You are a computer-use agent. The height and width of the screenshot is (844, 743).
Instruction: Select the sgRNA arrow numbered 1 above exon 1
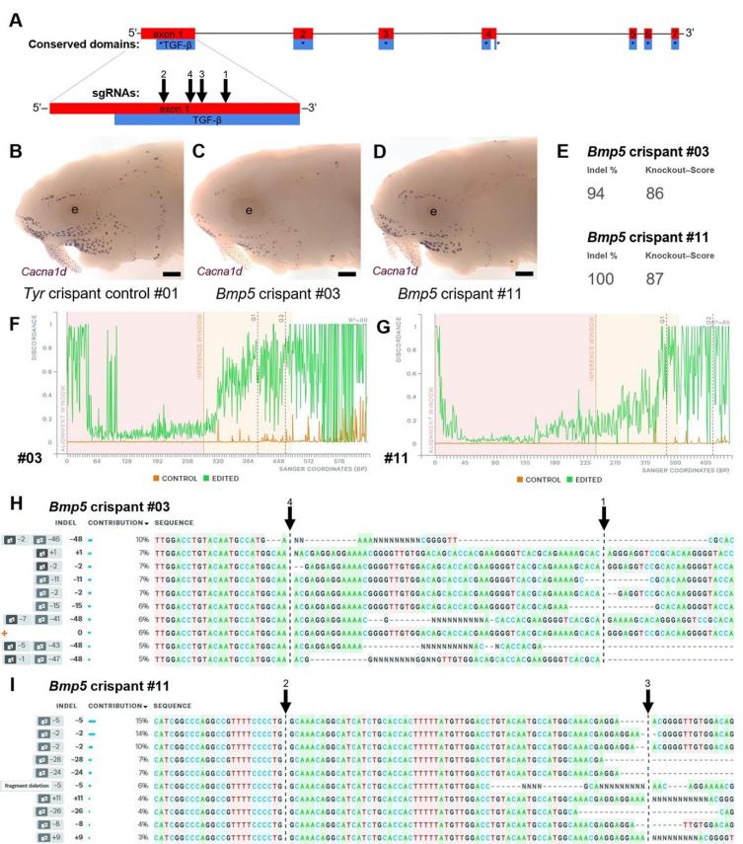(x=226, y=88)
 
